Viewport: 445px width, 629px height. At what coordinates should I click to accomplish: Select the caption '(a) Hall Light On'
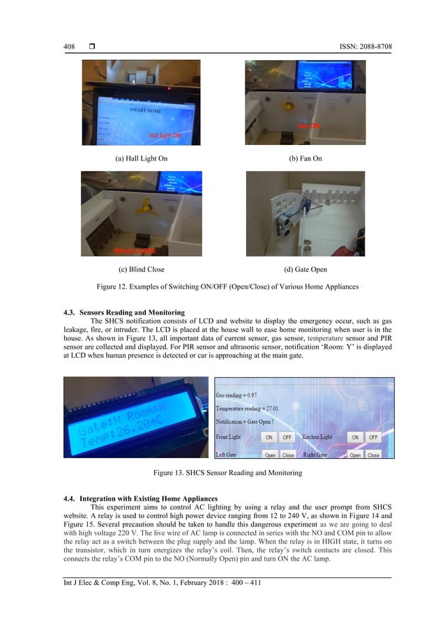(141, 159)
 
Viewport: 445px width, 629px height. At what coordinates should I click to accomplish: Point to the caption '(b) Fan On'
(305, 159)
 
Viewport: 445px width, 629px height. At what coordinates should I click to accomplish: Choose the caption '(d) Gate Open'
(305, 269)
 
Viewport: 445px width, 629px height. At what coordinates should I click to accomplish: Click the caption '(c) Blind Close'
(141, 269)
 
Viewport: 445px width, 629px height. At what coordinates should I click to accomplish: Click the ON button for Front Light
(268, 437)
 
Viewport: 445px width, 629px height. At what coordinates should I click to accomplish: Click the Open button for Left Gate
(270, 455)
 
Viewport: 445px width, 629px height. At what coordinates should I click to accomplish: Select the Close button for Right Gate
(374, 455)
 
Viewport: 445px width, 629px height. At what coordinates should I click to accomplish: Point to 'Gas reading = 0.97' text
(240, 395)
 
